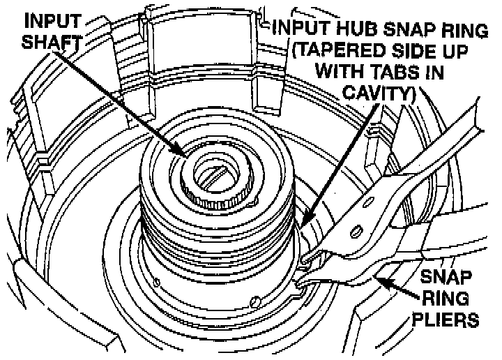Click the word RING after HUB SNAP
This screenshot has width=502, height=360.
(x=460, y=30)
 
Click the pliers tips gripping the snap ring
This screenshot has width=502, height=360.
(x=305, y=269)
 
